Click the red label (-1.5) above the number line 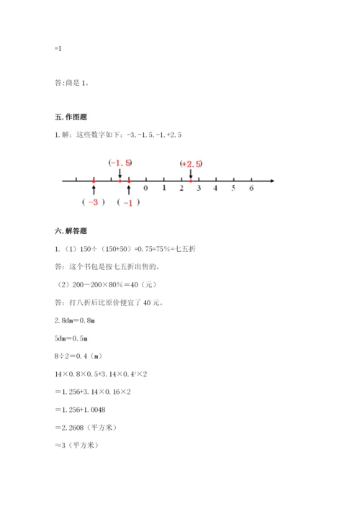(x=120, y=163)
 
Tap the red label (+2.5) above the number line (x=191, y=164)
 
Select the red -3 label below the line (x=94, y=202)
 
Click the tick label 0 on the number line (x=146, y=189)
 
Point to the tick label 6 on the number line (x=251, y=189)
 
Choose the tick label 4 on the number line (x=216, y=189)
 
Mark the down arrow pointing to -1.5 (x=120, y=173)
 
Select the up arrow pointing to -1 (x=129, y=190)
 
